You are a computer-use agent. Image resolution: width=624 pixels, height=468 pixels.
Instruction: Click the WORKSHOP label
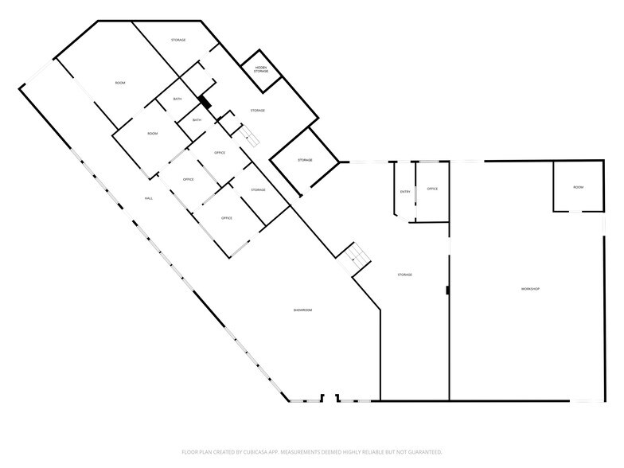[x=530, y=288]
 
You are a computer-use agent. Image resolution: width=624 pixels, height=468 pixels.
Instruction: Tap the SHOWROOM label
[x=302, y=310]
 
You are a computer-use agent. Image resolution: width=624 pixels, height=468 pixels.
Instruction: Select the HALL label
[x=148, y=198]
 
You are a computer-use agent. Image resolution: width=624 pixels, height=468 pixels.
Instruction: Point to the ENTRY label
[x=405, y=191]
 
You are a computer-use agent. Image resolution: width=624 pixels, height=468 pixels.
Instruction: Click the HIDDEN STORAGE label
[x=261, y=70]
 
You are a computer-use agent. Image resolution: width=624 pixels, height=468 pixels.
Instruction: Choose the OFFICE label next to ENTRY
[x=432, y=189]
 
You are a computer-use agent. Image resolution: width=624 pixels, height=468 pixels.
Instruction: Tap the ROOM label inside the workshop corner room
[x=578, y=187]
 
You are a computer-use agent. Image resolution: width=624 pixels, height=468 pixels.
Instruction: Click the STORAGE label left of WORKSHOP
[x=404, y=275]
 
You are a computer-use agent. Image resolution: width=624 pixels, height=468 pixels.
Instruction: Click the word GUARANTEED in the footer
[x=423, y=451]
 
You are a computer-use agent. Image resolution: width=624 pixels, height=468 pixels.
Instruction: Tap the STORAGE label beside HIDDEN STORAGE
[x=257, y=110]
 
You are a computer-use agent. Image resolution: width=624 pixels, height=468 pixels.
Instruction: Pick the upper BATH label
[x=177, y=99]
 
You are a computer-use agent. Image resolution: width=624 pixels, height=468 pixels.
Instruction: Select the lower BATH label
[x=196, y=120]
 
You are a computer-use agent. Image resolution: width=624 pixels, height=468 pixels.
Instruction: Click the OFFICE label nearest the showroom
[x=226, y=217]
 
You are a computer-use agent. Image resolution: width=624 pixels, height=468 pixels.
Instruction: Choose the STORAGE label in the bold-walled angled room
[x=305, y=160]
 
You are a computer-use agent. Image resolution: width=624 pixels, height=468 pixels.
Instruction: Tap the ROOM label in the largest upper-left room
[x=120, y=83]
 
